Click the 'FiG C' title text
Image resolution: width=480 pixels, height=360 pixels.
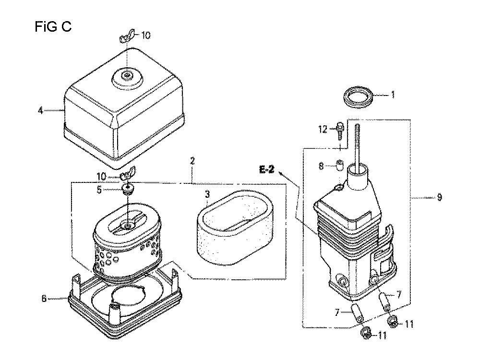(x=53, y=26)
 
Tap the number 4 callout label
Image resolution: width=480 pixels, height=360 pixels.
(x=41, y=110)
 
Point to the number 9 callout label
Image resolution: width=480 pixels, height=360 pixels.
(x=440, y=197)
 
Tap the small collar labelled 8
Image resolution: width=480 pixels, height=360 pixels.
(x=340, y=166)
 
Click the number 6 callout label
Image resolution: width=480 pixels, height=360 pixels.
(x=44, y=298)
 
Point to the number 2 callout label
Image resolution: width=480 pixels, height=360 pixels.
(x=192, y=161)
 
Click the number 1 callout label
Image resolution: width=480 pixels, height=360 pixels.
(x=393, y=95)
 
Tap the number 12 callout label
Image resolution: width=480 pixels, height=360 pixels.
(x=323, y=130)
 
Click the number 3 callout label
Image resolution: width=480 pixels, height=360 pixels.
(x=207, y=194)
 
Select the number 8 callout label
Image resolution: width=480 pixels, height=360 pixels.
(x=321, y=166)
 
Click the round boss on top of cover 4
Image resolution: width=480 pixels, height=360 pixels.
(x=128, y=74)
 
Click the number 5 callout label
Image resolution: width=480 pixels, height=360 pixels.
(x=99, y=190)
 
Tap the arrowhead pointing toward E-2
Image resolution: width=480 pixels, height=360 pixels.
(x=281, y=174)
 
